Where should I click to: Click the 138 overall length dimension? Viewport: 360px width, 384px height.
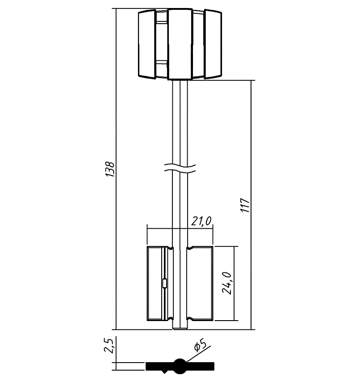[x=110, y=169]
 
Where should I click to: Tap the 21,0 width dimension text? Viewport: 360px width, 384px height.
[x=201, y=221]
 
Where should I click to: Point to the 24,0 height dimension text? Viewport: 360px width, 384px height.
[x=226, y=283]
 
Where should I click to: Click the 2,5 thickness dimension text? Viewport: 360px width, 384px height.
[x=109, y=346]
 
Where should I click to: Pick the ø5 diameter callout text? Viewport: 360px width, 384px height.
[x=199, y=345]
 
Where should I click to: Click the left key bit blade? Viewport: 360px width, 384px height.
[x=160, y=284]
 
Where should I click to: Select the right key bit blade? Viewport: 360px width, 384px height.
[x=200, y=284]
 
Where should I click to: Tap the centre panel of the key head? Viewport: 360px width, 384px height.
[x=180, y=44]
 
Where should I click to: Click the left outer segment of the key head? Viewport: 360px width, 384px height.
[x=147, y=44]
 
